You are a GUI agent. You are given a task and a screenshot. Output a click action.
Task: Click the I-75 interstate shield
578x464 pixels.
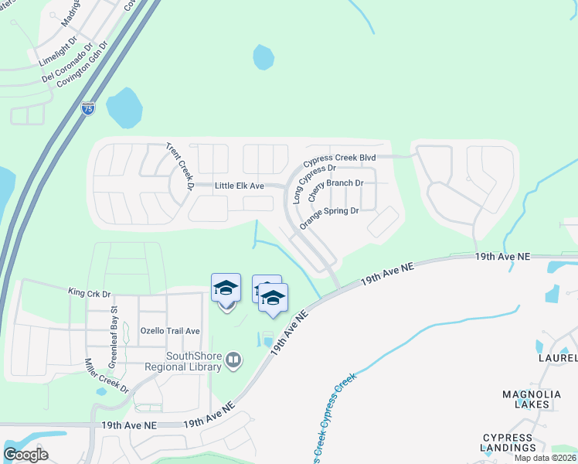coord(88,108)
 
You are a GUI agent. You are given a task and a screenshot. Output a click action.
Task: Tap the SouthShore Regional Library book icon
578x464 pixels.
coord(233,359)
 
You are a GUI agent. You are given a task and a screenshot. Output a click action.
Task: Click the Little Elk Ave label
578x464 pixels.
coord(240,186)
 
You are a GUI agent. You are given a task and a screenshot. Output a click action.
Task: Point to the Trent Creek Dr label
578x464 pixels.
coord(179,166)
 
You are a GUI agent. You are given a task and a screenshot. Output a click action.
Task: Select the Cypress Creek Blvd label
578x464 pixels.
coord(339,159)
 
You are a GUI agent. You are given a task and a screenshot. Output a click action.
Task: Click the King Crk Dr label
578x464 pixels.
coord(90,294)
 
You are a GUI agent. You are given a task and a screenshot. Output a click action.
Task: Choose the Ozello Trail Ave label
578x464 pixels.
coord(170,331)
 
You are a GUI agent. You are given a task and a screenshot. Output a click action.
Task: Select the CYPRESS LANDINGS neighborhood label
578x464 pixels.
coord(509,442)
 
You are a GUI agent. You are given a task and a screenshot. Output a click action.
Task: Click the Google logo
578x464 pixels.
coord(25,455)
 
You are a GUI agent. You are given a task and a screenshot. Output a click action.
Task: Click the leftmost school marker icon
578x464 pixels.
coord(226,288)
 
